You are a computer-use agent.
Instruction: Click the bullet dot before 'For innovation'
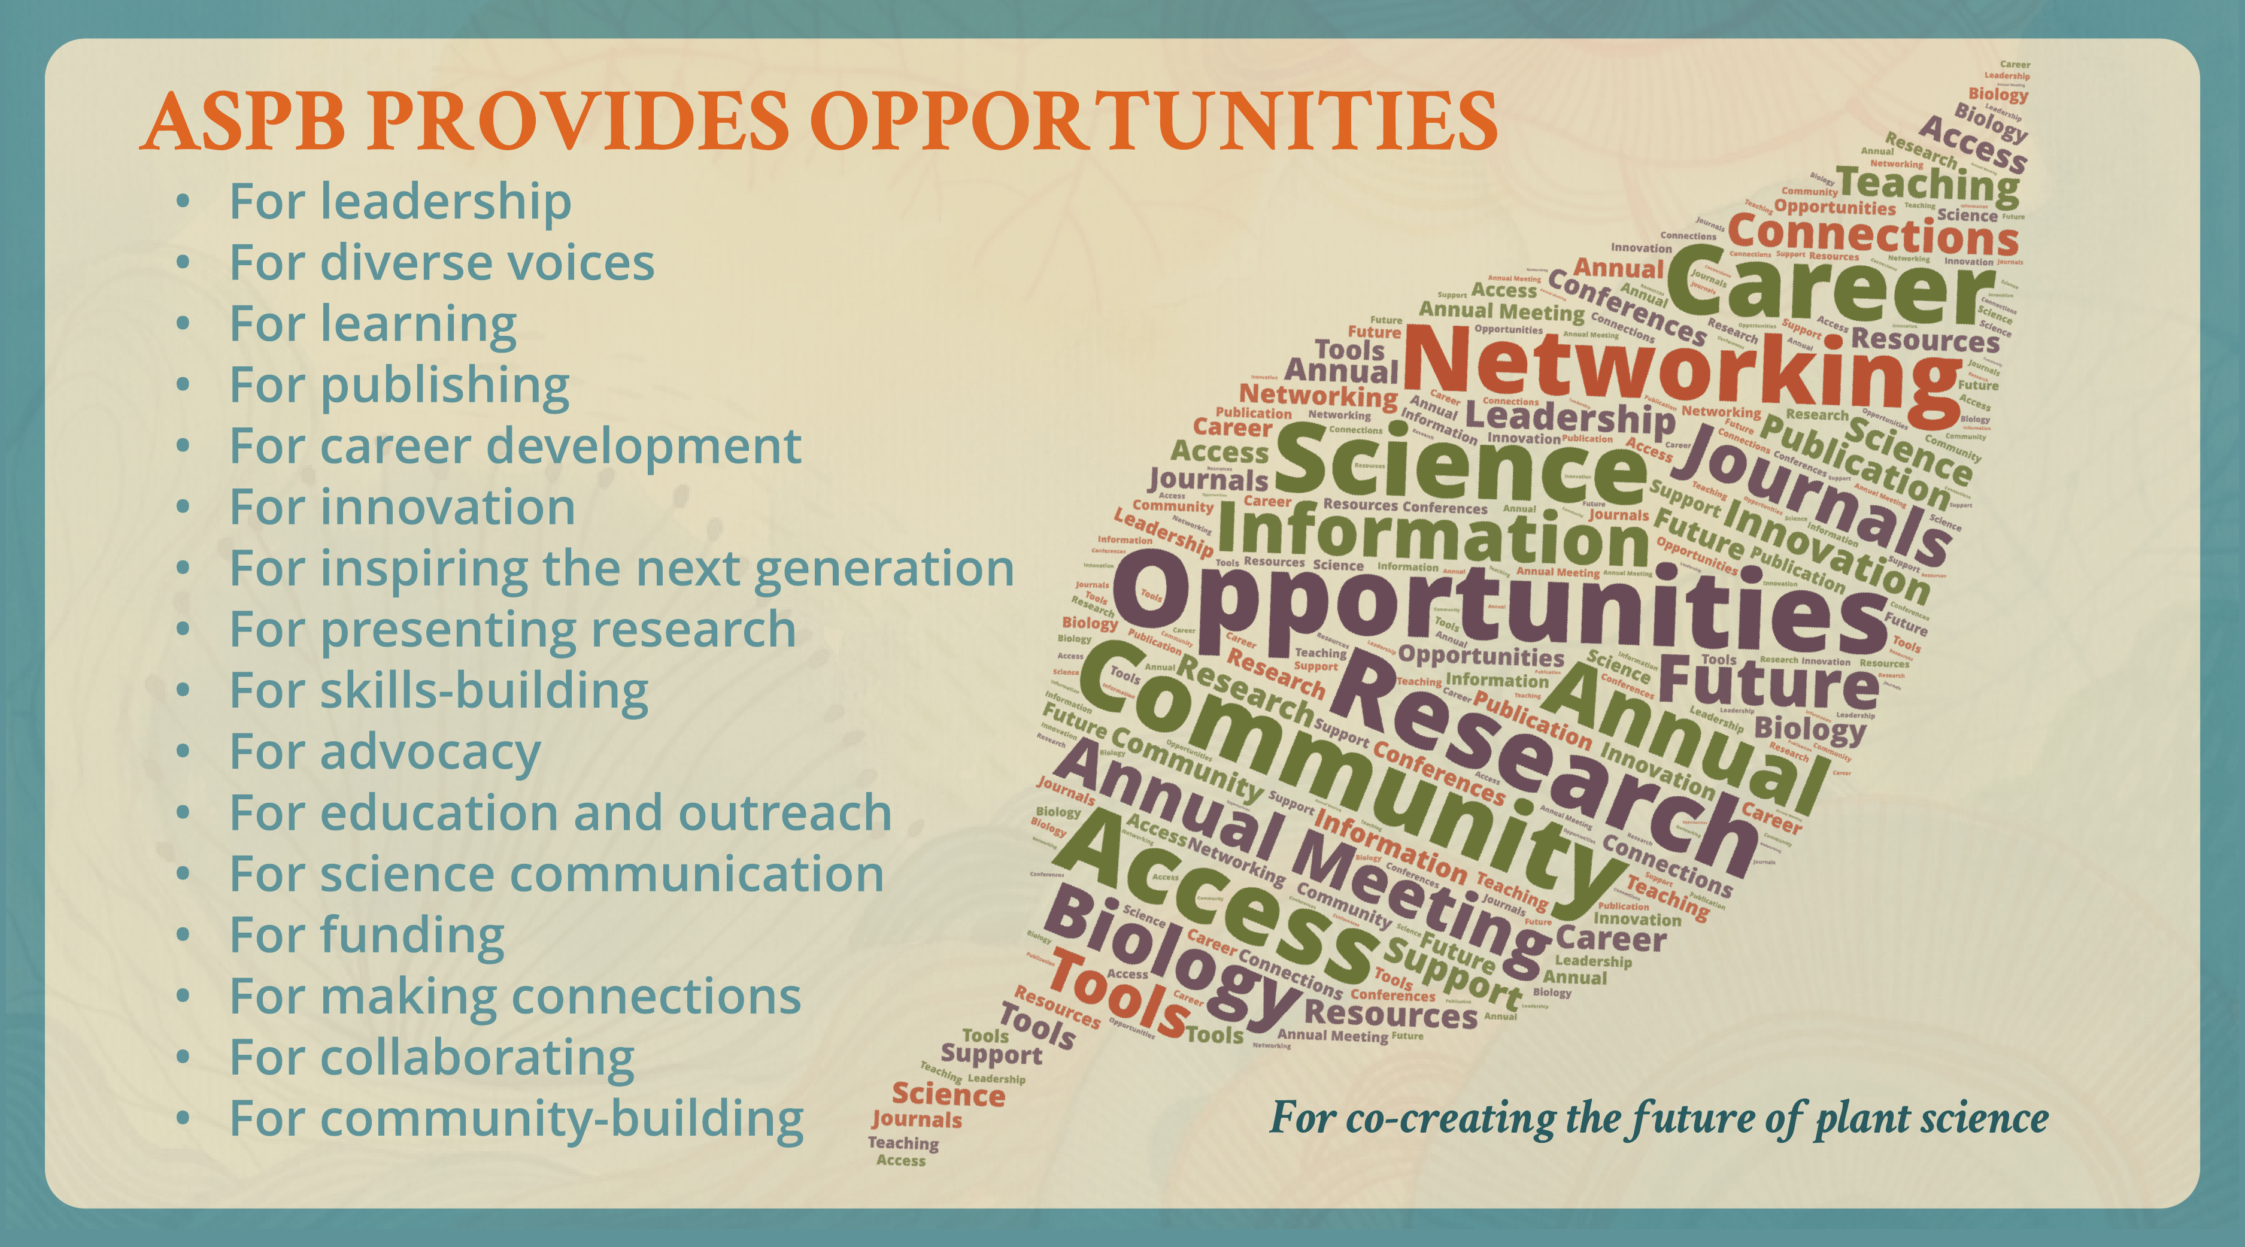click(x=182, y=508)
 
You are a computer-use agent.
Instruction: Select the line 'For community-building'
click(x=516, y=1119)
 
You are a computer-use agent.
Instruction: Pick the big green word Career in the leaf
click(x=1830, y=287)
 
